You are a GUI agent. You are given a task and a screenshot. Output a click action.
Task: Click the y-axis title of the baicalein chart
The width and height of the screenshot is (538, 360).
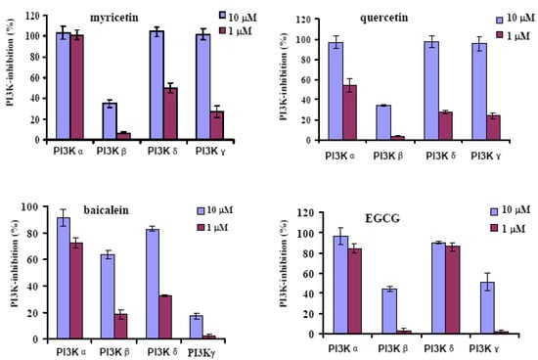coord(10,271)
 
